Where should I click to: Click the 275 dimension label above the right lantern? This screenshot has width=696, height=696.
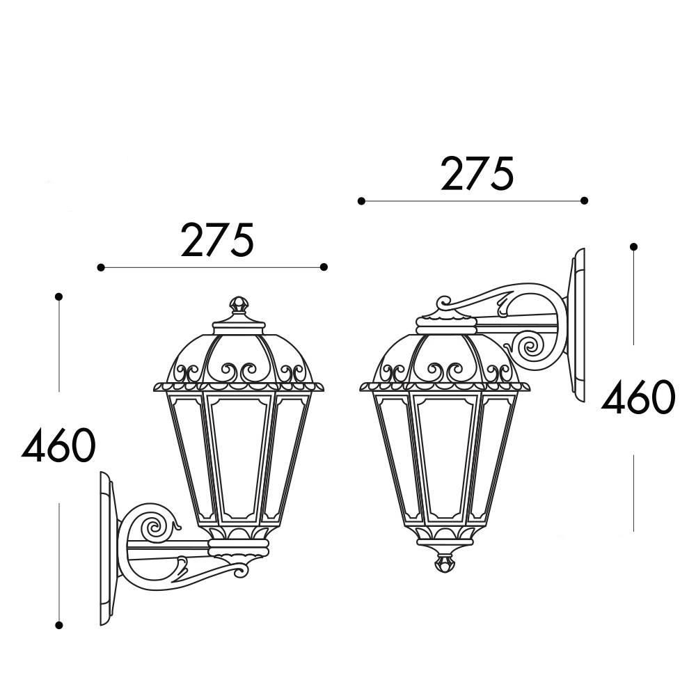pyautogui.click(x=477, y=173)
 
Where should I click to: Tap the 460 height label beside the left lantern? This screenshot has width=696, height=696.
pyautogui.click(x=58, y=445)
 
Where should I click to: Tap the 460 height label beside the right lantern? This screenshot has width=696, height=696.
pyautogui.click(x=638, y=397)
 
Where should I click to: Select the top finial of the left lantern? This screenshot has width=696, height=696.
pyautogui.click(x=239, y=306)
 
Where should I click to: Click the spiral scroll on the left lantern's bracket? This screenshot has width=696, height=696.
pyautogui.click(x=154, y=527)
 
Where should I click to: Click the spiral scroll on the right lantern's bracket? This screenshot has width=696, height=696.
pyautogui.click(x=531, y=345)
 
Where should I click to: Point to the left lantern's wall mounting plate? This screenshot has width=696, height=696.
pyautogui.click(x=109, y=548)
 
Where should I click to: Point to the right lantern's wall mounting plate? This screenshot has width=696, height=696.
pyautogui.click(x=576, y=325)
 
